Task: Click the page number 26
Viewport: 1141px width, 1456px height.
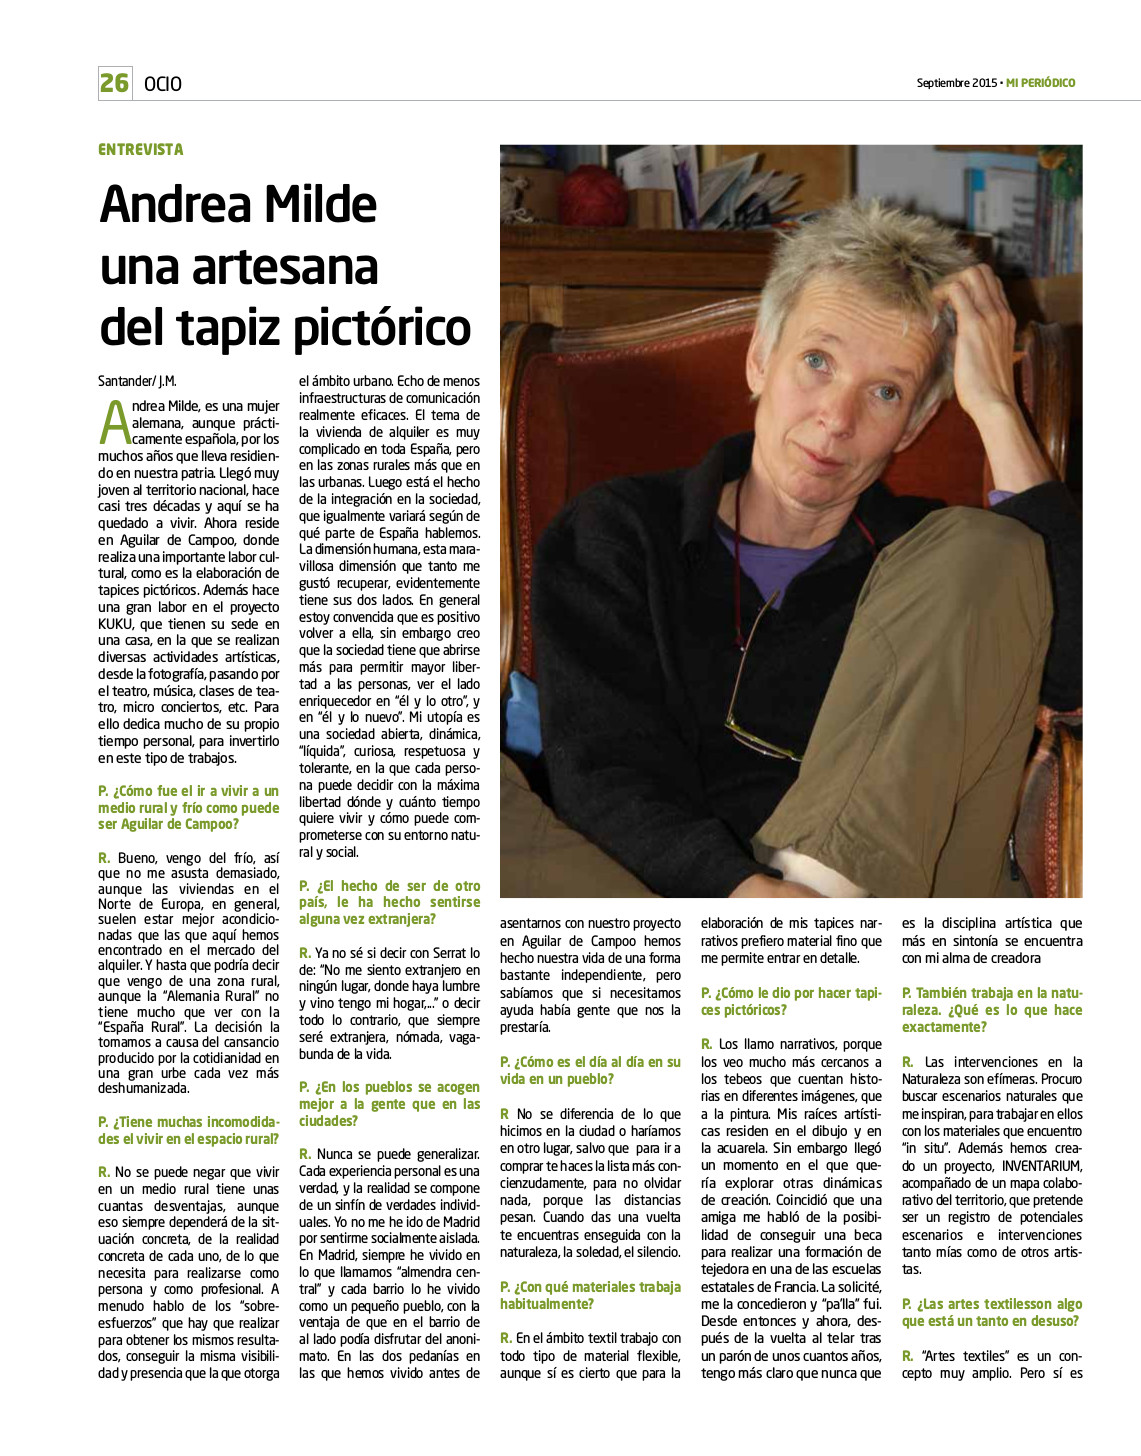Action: click(115, 83)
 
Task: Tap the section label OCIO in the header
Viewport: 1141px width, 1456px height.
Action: click(163, 84)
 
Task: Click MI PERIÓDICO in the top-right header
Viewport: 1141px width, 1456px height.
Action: click(1040, 83)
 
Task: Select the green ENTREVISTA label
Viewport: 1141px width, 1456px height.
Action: click(141, 150)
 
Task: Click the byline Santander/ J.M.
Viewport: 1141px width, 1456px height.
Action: click(137, 381)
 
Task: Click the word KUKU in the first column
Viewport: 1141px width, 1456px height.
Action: click(116, 624)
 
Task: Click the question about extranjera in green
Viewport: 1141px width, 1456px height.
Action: click(389, 902)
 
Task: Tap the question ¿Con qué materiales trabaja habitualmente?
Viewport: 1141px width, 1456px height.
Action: click(590, 1295)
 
